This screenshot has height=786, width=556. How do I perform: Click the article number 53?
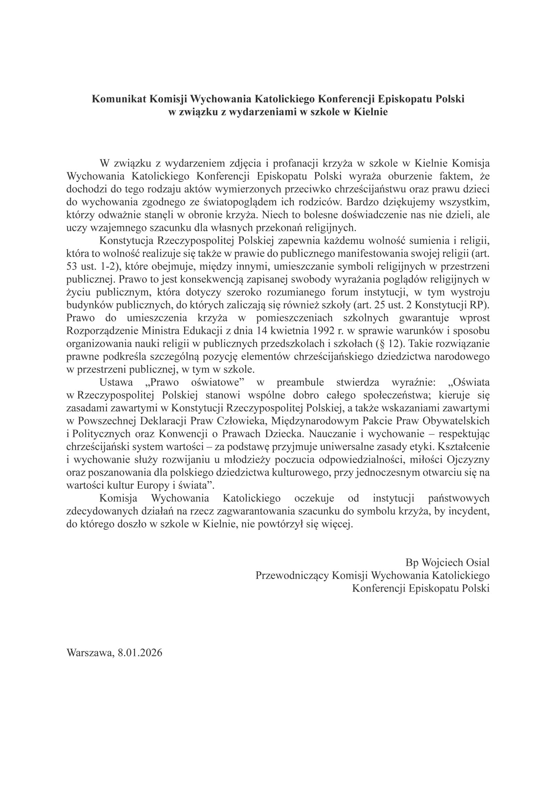pos(72,266)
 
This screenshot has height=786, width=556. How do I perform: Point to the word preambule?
pos(300,382)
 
